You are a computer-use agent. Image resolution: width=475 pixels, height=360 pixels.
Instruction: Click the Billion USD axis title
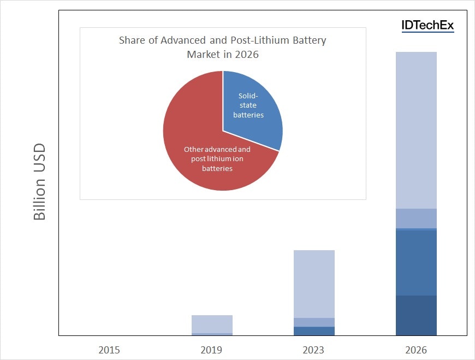point(39,182)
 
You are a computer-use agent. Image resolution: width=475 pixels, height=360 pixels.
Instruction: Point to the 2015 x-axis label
point(109,350)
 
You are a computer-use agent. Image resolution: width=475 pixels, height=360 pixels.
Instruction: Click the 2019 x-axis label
point(211,350)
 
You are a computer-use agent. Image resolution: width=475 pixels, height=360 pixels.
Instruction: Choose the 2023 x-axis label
point(313,350)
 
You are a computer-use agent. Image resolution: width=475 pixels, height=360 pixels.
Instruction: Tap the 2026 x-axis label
point(416,350)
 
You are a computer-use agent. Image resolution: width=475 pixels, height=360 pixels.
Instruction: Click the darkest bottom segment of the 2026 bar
point(416,315)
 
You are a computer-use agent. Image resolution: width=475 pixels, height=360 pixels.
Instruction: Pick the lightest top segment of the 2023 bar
point(314,284)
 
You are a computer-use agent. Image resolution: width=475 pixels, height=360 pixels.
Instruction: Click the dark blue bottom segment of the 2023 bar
point(314,331)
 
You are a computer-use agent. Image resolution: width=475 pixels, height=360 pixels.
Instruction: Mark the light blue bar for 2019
point(212,324)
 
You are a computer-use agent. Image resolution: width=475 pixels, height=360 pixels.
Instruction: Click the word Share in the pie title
point(132,40)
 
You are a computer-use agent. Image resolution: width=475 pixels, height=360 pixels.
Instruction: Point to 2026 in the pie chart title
point(248,55)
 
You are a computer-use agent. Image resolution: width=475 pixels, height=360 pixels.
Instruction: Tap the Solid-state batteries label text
point(248,105)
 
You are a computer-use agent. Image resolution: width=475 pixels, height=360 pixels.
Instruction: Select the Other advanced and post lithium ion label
point(217,158)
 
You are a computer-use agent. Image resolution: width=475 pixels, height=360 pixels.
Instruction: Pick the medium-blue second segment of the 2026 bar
point(416,263)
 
